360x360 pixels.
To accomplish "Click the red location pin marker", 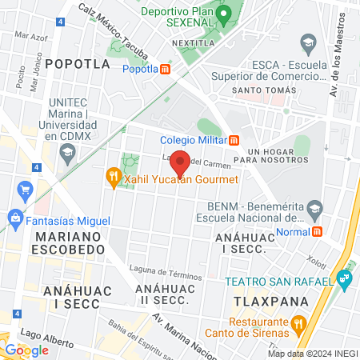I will pos(180,162).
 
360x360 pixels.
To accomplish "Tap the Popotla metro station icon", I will pos(165,69).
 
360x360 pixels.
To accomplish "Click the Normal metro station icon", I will pos(318,231).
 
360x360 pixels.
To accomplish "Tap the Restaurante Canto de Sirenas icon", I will pos(298,324).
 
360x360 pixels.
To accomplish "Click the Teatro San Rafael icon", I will pos(345,279).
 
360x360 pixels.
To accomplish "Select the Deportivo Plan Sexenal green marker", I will pos(226,14).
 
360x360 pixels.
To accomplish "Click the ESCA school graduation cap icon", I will pos(307,42).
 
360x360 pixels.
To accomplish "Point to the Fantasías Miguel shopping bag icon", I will pos(14,217).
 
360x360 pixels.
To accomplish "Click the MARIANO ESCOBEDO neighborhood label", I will pos(69,243).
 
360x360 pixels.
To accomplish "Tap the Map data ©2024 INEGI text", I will pos(313,354).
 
